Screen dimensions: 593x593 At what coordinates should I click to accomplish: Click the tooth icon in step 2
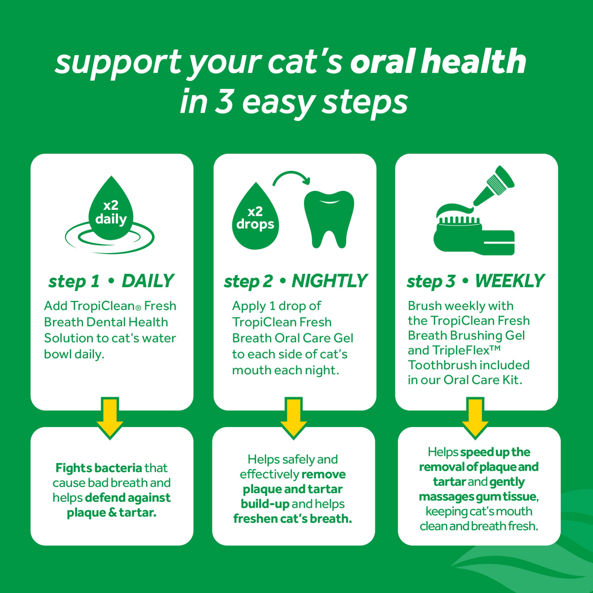[x=329, y=219]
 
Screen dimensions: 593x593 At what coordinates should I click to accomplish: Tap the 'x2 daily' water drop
[x=111, y=212]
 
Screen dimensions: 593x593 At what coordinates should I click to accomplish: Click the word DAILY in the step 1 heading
[x=148, y=281]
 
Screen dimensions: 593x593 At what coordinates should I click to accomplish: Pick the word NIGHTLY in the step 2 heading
[x=329, y=281]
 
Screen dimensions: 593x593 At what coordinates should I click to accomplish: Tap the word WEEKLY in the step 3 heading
[x=509, y=281]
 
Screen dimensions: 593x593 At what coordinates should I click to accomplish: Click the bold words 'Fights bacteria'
[x=98, y=468]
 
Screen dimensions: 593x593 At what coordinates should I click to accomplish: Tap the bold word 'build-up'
[x=265, y=504]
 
